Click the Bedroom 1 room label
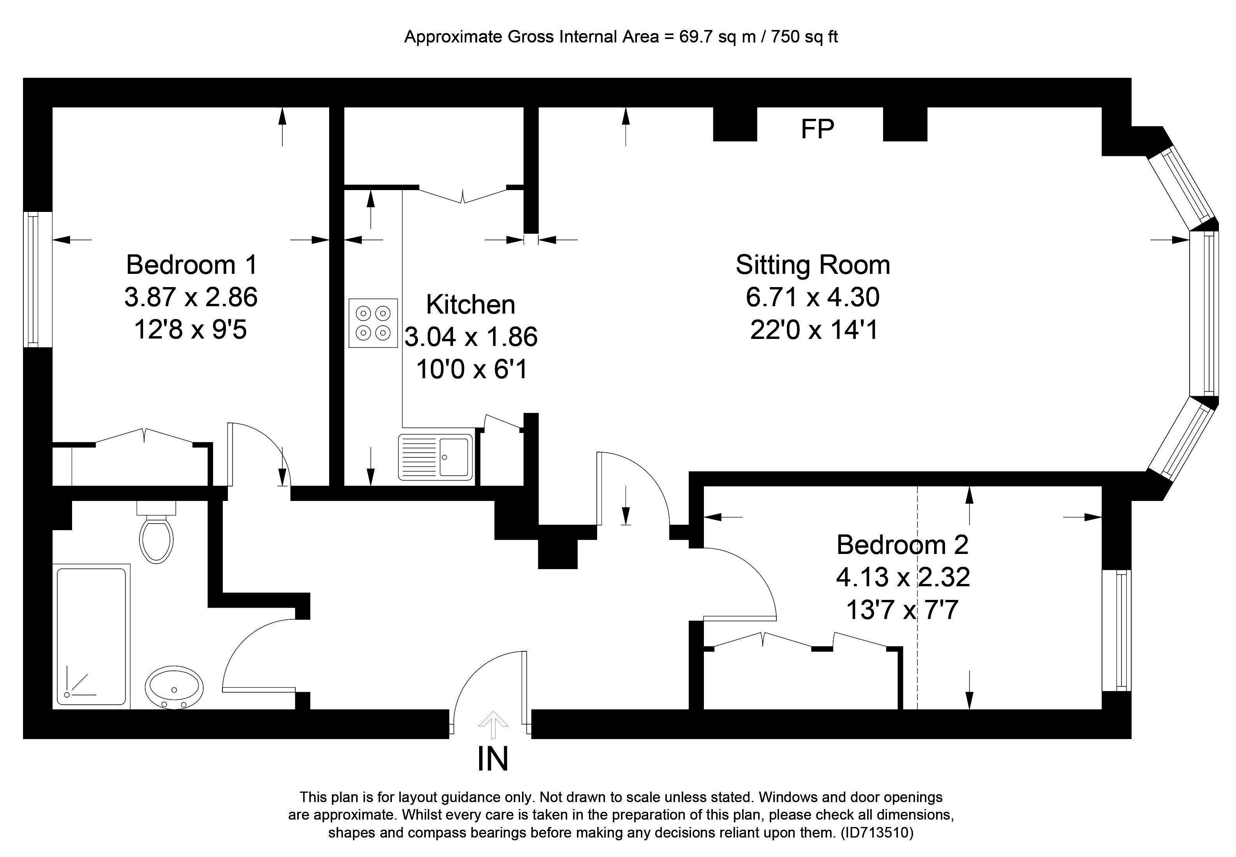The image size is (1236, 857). click(x=192, y=265)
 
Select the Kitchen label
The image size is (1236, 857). click(x=470, y=305)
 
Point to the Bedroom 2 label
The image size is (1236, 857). click(x=902, y=545)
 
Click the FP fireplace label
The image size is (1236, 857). click(x=817, y=129)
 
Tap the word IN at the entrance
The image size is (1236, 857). click(x=492, y=759)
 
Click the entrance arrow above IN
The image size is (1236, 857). click(x=493, y=725)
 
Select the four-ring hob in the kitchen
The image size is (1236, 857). click(x=373, y=323)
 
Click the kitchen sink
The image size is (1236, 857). click(x=436, y=457)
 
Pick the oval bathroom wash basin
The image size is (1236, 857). click(x=175, y=687)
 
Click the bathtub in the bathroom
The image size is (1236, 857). click(x=91, y=636)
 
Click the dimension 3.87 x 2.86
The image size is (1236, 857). click(x=191, y=297)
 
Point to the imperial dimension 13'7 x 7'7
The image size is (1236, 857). click(x=902, y=610)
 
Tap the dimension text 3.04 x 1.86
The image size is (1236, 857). click(x=470, y=337)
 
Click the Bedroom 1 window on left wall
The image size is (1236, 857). click(x=33, y=279)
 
